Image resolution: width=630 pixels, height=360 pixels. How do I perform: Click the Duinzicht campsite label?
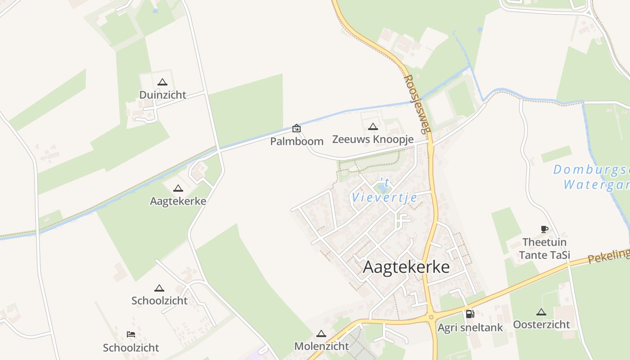(x=162, y=95)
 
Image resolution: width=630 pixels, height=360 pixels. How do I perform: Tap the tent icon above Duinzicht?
(x=162, y=82)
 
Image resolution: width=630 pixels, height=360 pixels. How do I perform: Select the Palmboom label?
(x=297, y=141)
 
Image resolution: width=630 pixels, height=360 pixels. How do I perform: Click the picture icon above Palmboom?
(x=297, y=128)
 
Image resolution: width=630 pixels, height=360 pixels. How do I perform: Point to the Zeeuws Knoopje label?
(x=373, y=139)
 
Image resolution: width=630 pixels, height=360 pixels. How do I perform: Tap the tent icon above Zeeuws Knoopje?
(x=373, y=127)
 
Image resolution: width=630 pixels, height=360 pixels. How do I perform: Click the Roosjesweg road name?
(x=414, y=104)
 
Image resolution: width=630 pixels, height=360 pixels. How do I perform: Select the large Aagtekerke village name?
(x=406, y=267)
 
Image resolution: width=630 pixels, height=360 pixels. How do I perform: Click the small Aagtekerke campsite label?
(x=178, y=201)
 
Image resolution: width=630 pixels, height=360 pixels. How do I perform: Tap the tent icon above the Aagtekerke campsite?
(x=178, y=189)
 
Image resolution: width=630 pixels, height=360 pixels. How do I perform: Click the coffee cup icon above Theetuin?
(x=544, y=229)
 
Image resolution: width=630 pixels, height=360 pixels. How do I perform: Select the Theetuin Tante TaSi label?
(x=544, y=249)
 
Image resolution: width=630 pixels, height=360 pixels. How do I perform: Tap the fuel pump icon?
(x=470, y=314)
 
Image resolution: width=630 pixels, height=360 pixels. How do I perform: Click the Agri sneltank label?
(x=470, y=328)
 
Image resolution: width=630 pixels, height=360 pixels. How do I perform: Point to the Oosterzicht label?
(x=541, y=324)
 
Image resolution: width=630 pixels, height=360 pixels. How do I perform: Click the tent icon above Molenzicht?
(x=321, y=334)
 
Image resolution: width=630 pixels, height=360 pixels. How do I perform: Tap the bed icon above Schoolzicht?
(x=131, y=334)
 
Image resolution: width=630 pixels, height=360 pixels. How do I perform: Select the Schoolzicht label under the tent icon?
(x=159, y=301)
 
